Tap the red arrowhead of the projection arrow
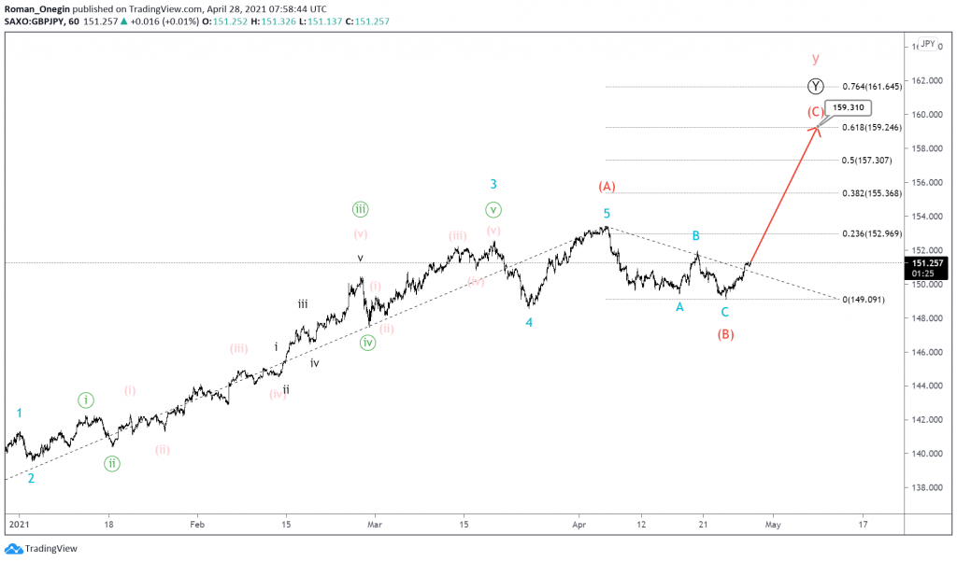click(817, 129)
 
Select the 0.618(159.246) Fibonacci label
click(871, 128)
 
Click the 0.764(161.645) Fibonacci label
click(871, 87)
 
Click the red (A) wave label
click(607, 187)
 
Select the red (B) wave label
click(725, 334)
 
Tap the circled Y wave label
click(816, 87)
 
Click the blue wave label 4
click(529, 323)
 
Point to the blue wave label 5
click(607, 214)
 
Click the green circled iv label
click(368, 343)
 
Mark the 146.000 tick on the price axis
click(927, 353)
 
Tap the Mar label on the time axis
click(374, 525)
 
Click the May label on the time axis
click(772, 525)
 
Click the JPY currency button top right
click(927, 44)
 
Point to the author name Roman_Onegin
click(39, 7)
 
